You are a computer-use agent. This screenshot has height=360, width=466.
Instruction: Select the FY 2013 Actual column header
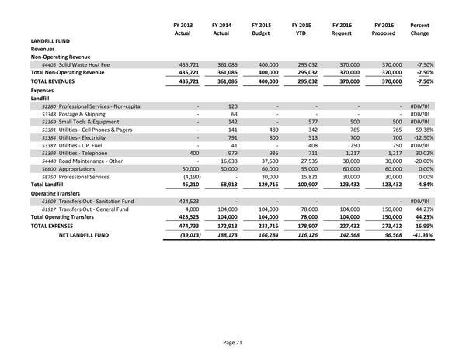[x=182, y=29]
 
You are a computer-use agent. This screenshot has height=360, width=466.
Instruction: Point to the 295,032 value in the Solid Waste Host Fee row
[x=306, y=64]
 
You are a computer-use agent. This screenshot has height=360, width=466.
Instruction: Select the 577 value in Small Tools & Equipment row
[x=313, y=122]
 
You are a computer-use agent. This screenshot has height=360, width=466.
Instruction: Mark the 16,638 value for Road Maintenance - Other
[x=225, y=161]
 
